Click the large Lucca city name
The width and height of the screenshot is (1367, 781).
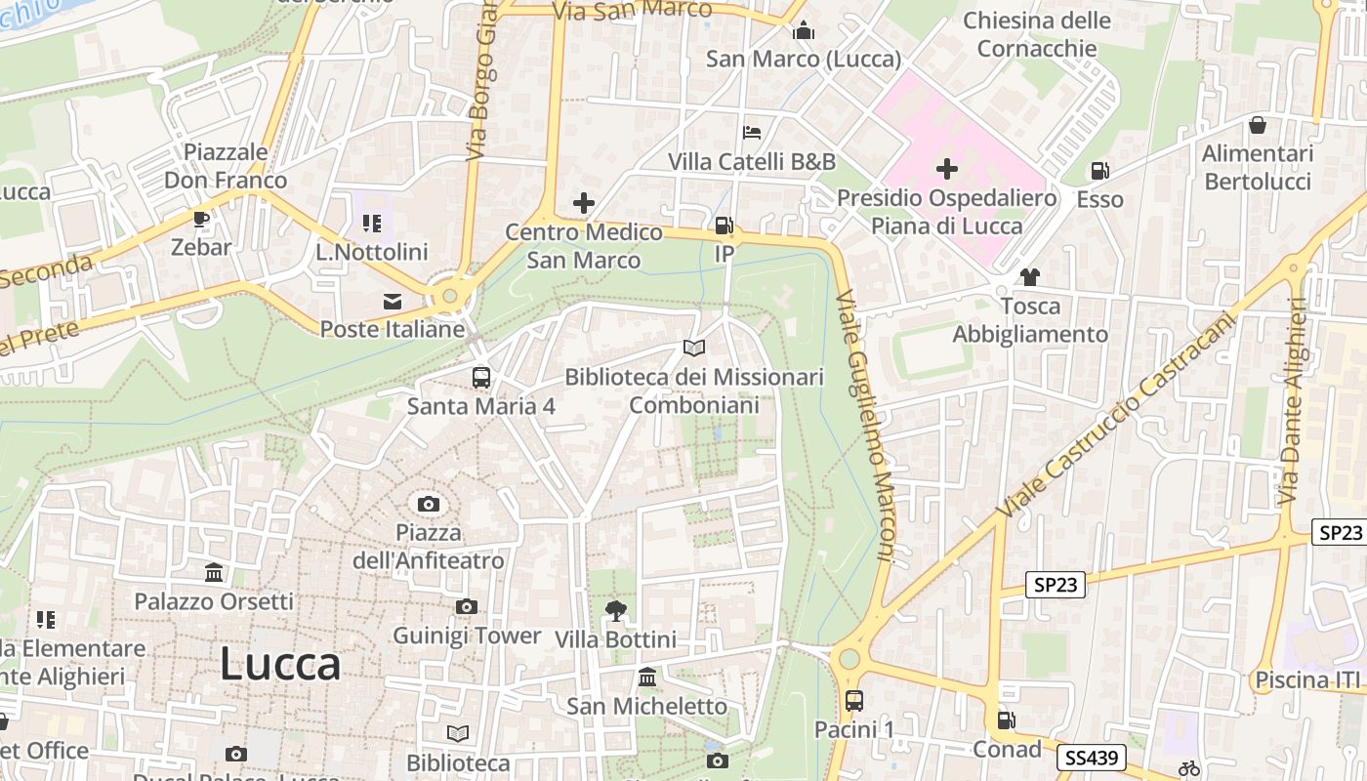280,665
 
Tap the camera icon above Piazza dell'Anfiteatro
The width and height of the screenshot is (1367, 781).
428,505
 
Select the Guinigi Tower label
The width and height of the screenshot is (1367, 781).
467,636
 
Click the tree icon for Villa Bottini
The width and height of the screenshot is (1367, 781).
615,611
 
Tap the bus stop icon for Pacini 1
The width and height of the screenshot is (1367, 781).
854,700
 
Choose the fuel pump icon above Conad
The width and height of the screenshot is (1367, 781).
1006,720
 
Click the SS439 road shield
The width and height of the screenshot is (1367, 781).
1092,758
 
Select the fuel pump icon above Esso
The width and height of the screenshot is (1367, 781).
1099,171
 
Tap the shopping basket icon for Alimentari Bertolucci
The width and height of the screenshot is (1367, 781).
1258,125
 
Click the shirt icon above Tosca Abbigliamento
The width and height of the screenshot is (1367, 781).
1029,277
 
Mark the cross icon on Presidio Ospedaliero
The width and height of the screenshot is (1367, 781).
946,169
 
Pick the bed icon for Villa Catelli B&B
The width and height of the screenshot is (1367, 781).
752,133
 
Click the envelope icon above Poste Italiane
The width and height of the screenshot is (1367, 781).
393,301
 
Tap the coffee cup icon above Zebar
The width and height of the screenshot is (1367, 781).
201,219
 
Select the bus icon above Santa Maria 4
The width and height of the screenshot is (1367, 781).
480,378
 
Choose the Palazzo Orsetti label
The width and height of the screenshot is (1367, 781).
214,600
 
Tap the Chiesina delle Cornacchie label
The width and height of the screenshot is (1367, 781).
1037,34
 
